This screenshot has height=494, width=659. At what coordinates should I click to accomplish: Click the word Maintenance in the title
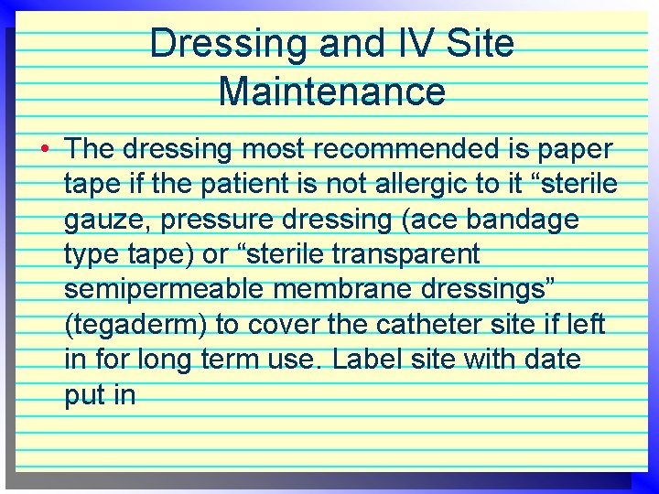click(332, 91)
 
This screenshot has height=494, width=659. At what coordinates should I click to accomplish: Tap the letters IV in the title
click(384, 43)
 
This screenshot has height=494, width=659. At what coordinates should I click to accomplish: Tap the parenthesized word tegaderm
click(133, 325)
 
